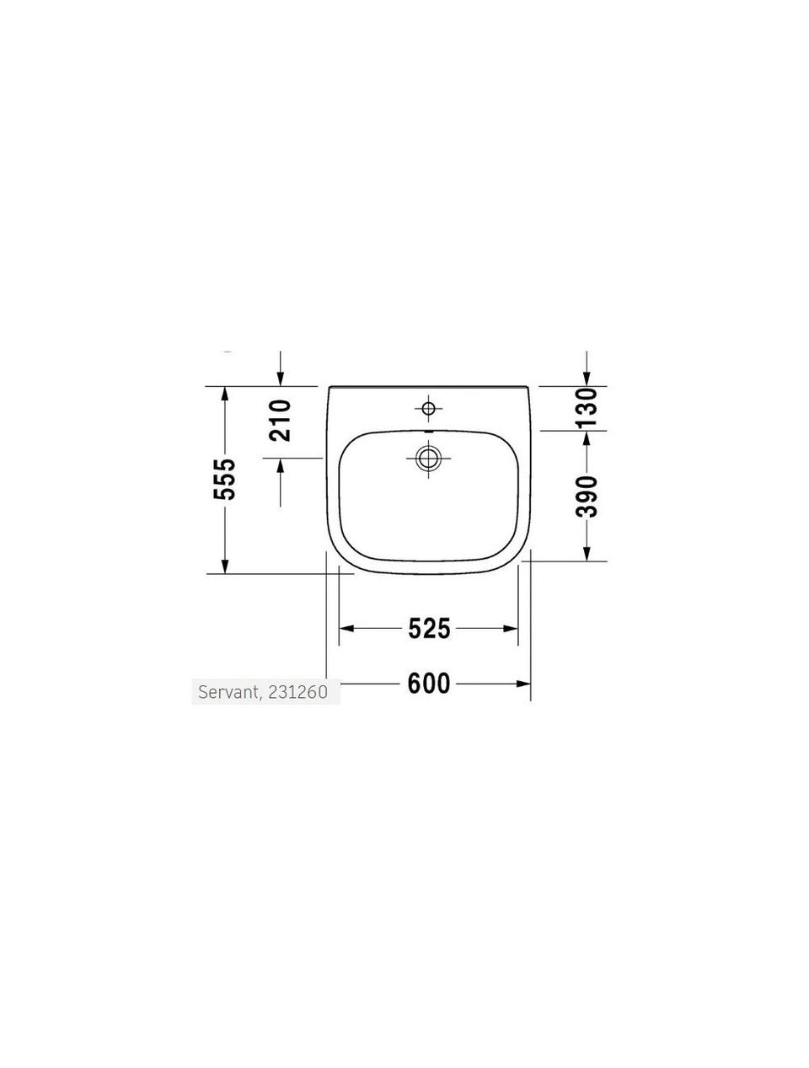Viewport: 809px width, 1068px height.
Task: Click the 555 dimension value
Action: point(224,479)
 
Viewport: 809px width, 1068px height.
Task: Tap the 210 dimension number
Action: point(281,421)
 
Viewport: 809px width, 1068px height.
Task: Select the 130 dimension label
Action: point(587,407)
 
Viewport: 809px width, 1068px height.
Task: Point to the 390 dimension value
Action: point(587,496)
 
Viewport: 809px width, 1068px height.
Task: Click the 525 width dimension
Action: point(429,628)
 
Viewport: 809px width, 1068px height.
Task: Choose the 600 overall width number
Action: point(429,684)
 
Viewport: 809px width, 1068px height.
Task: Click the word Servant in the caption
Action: point(228,692)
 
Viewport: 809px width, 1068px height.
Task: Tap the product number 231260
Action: point(297,692)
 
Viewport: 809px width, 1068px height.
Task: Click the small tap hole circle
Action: point(428,408)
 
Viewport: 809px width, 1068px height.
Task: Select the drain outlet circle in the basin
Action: point(428,459)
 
